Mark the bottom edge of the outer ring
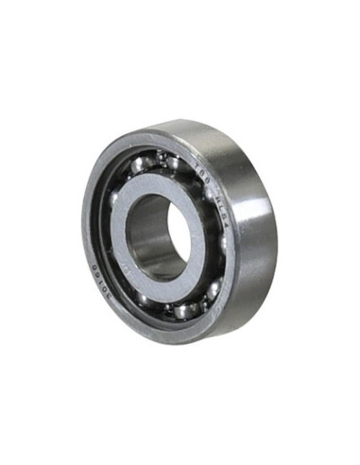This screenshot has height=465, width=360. click(189, 337)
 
